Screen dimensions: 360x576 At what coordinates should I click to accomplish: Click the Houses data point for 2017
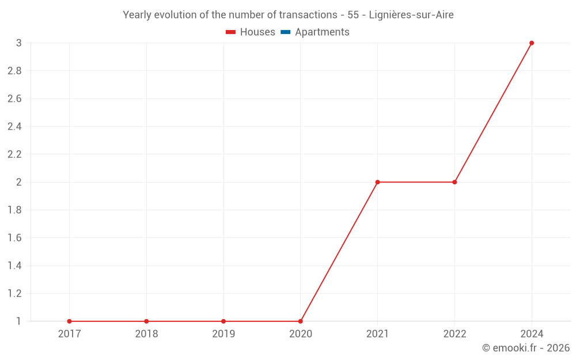tap(69, 321)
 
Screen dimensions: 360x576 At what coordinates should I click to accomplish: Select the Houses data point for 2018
tap(146, 321)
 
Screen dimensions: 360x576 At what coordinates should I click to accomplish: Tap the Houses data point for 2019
tap(223, 321)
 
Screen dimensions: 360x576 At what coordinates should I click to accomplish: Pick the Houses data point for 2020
tap(301, 321)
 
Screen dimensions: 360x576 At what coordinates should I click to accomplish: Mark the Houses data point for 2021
tap(377, 182)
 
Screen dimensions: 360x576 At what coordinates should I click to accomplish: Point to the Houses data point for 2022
tap(454, 182)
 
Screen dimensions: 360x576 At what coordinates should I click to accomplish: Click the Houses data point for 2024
tap(532, 43)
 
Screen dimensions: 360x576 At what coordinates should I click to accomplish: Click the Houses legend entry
tap(257, 32)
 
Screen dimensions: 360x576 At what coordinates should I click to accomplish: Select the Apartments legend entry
tap(322, 32)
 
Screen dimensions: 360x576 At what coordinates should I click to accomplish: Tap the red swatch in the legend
tap(231, 32)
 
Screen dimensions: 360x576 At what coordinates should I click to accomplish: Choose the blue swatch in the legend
tap(285, 32)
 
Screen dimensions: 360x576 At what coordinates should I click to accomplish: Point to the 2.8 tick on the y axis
tap(14, 71)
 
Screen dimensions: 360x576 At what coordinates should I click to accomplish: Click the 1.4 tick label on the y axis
tap(14, 266)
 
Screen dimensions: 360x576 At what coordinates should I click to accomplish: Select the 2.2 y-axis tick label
tap(14, 154)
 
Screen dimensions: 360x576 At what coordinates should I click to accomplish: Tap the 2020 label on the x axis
tap(301, 334)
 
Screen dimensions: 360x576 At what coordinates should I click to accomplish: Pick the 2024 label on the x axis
tap(532, 334)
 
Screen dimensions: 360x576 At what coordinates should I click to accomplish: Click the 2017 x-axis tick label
tap(69, 334)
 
